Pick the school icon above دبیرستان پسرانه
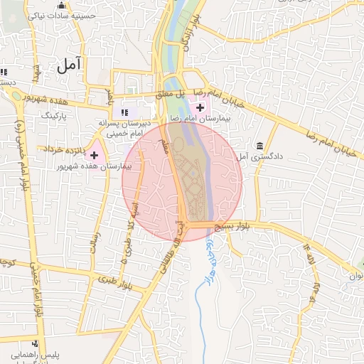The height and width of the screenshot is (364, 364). click(x=125, y=112)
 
